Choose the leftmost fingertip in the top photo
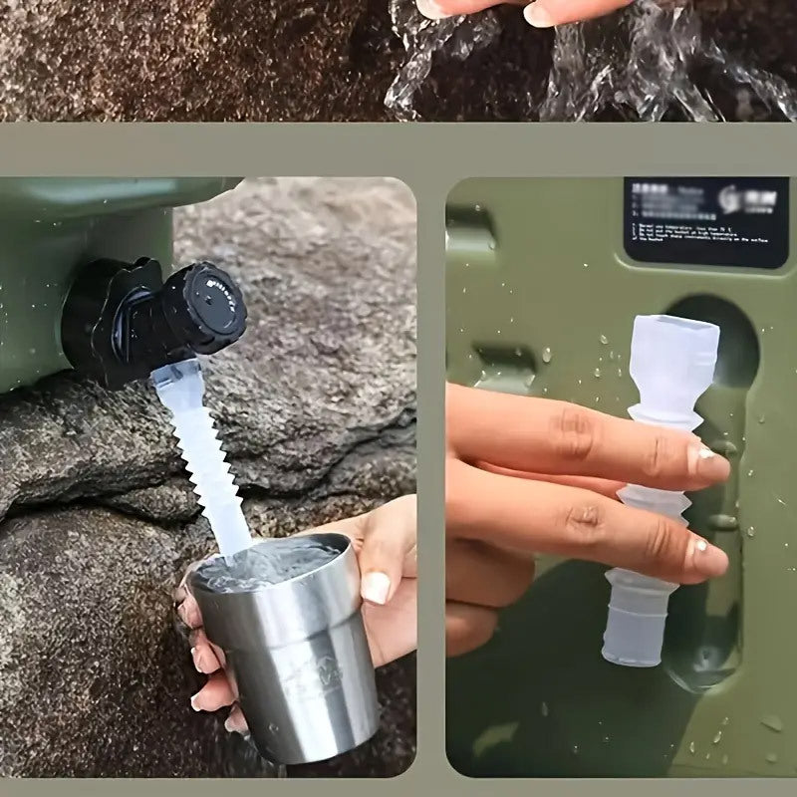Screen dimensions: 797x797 [438, 7]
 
